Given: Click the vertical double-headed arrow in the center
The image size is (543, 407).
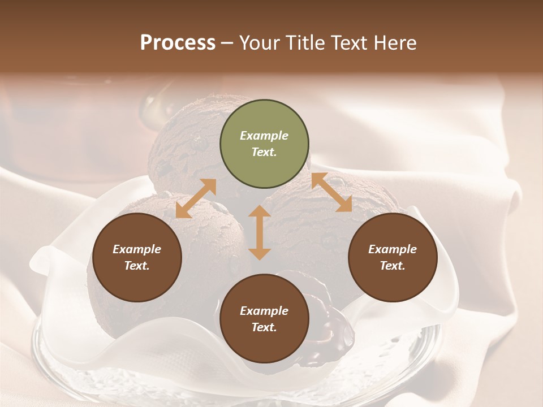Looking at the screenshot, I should (260, 232).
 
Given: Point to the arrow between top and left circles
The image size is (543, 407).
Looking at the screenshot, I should (196, 198).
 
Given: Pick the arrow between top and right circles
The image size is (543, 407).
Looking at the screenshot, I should (332, 192).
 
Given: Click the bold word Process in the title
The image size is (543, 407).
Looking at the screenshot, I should (178, 42).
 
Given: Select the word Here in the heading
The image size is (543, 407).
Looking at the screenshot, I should (395, 42).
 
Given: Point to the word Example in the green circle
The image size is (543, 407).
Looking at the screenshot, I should (264, 136).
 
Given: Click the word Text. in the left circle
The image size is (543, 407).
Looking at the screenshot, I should (137, 266).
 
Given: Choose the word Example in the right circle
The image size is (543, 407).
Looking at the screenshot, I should (393, 249).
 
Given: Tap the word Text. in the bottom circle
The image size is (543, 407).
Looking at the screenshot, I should (264, 327).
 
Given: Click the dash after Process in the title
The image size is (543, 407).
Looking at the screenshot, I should (227, 43).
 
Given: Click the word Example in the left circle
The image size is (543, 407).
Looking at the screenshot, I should (137, 249).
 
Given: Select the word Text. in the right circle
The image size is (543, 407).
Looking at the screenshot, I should (393, 266).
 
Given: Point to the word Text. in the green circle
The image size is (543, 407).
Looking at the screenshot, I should (264, 152).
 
